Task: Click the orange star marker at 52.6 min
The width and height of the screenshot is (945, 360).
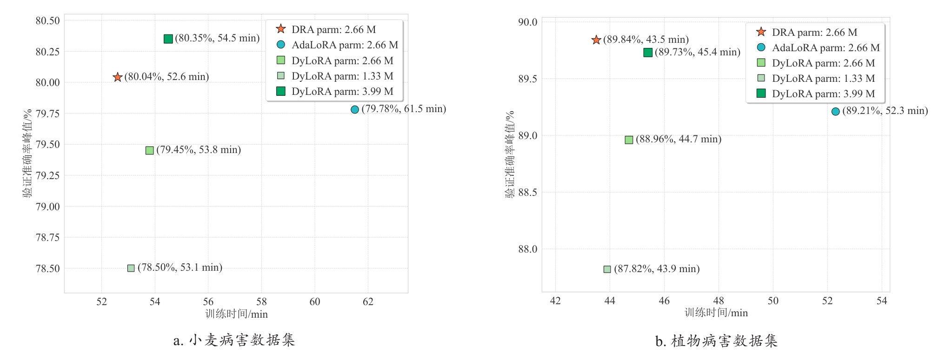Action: tap(118, 77)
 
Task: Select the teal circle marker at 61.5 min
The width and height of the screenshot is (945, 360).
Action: tap(355, 110)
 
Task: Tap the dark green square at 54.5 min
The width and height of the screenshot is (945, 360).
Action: tap(168, 39)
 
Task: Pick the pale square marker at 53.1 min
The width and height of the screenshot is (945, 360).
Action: tap(131, 268)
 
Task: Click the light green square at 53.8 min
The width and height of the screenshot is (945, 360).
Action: tap(150, 150)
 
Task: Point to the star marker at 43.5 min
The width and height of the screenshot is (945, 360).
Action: tap(596, 40)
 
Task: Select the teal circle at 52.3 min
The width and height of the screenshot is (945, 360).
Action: tap(836, 112)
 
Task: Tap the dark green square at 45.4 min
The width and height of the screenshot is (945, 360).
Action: tap(648, 53)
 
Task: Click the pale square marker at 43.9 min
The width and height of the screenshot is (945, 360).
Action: tap(607, 269)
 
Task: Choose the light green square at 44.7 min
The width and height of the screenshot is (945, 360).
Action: tap(629, 140)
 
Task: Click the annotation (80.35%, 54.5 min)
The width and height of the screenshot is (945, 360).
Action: tap(217, 38)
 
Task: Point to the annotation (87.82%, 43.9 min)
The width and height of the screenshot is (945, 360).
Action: tap(657, 269)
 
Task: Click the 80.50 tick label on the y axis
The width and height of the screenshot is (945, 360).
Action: tap(48, 20)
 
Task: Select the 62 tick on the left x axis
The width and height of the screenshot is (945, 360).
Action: tap(368, 302)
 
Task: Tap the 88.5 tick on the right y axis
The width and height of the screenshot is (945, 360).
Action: tap(527, 193)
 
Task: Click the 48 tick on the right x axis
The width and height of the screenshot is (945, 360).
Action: tap(719, 301)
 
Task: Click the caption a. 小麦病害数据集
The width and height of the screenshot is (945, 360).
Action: tap(234, 340)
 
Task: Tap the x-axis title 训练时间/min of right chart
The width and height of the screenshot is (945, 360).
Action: tap(716, 313)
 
